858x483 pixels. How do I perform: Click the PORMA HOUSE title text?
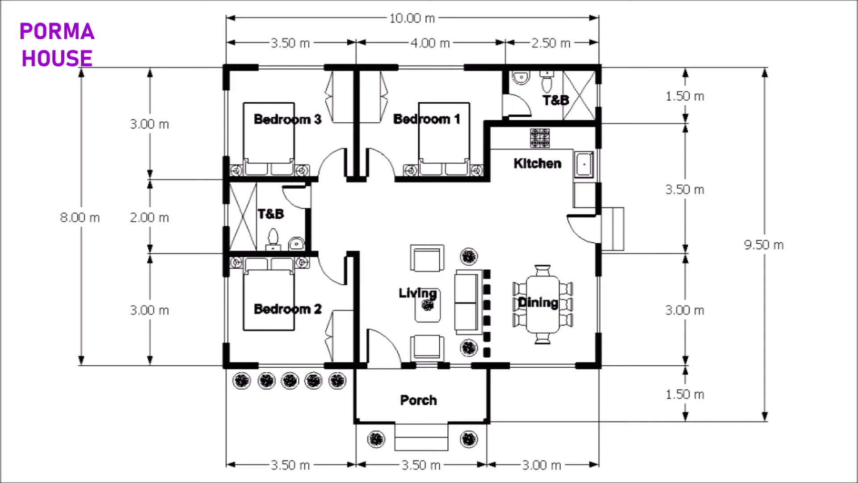(x=57, y=45)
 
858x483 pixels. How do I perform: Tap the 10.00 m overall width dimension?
(x=412, y=18)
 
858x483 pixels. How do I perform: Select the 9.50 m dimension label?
(x=763, y=245)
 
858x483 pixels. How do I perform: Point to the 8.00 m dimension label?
(x=80, y=218)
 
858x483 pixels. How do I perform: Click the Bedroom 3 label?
(x=287, y=119)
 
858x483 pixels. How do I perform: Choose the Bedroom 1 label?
(x=426, y=119)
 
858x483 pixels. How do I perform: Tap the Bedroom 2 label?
(x=287, y=309)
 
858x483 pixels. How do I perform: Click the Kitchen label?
(x=537, y=164)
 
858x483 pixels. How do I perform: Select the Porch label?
(x=418, y=400)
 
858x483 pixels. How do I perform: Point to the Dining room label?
(x=538, y=303)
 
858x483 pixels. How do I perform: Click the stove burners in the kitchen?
(x=540, y=138)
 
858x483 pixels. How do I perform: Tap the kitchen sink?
(x=584, y=165)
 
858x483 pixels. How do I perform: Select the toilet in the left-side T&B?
(x=273, y=239)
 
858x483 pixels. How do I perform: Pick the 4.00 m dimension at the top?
(x=430, y=43)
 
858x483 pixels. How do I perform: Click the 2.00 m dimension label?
(x=149, y=218)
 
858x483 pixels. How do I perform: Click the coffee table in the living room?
(x=428, y=305)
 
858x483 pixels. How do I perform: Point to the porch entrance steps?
(x=421, y=437)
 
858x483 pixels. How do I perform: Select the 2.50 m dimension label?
(x=551, y=43)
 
